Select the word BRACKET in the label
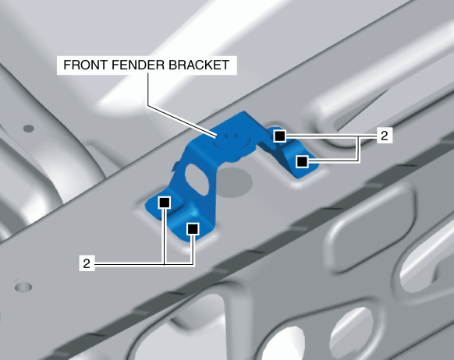click(x=199, y=65)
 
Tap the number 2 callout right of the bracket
click(x=385, y=136)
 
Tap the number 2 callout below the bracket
click(x=87, y=263)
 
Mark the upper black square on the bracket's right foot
click(x=279, y=136)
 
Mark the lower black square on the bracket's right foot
click(x=302, y=161)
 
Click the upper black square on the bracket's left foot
click(x=164, y=202)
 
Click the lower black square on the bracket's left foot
click(x=193, y=229)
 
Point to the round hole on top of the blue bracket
click(x=231, y=136)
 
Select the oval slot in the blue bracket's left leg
click(x=197, y=178)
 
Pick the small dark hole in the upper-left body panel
click(x=28, y=128)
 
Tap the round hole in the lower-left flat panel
click(x=23, y=287)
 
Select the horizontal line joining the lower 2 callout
click(x=144, y=263)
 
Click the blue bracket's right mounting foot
click(x=293, y=154)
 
